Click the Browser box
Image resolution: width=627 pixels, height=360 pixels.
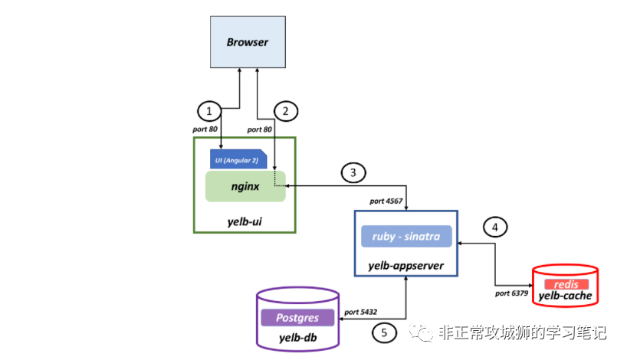point(248,42)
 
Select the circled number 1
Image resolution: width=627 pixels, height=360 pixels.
point(209,111)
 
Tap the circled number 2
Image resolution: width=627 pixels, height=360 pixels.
point(286,111)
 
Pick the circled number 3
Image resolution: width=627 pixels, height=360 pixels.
point(353,172)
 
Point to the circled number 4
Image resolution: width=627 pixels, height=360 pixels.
point(495,227)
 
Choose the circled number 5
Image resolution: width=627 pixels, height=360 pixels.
point(384,332)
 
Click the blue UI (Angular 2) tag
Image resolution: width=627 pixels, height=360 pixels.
point(238,159)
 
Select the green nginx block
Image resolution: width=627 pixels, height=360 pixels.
point(245,186)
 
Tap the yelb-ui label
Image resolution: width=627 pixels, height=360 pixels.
point(245,221)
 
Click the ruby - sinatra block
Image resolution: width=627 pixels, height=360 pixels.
point(406,236)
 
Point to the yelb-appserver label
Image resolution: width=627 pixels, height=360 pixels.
point(406,266)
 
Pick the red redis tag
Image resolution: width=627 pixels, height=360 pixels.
point(566,284)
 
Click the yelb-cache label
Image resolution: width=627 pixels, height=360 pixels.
point(565,296)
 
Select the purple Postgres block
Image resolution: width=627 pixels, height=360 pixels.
point(297,318)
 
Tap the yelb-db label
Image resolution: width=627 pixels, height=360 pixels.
point(298,338)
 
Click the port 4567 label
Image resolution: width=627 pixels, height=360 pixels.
point(386,201)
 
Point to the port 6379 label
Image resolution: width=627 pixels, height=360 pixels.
point(511,293)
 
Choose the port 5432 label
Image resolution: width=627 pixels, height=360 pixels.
point(361,312)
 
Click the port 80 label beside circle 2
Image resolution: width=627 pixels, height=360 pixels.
point(260,129)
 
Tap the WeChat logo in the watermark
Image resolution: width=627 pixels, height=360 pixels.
point(421,332)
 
